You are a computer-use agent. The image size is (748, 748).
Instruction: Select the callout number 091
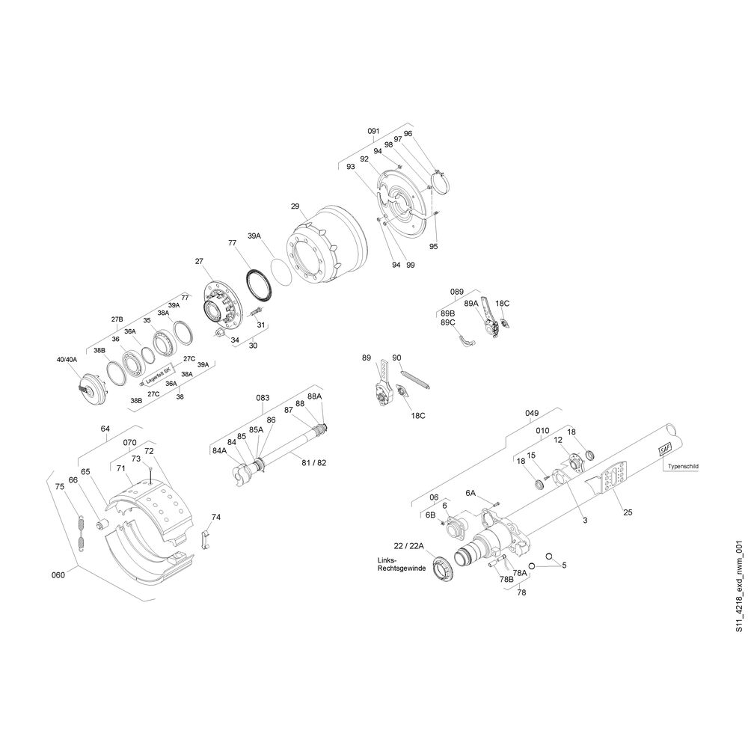(x=373, y=131)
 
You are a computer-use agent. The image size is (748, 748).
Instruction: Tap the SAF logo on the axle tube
(x=664, y=449)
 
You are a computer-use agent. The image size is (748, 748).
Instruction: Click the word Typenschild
(x=683, y=466)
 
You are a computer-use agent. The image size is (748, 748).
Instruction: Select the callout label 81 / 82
(x=314, y=463)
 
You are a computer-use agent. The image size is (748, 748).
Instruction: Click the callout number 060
(x=58, y=574)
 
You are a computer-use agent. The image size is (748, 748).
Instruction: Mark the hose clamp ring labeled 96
(x=441, y=184)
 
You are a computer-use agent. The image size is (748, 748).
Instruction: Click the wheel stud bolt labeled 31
(x=255, y=310)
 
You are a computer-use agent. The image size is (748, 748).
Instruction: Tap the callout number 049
(x=532, y=413)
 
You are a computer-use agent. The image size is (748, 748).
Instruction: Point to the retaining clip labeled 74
(x=206, y=539)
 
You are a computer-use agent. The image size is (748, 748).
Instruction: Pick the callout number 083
(x=263, y=398)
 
